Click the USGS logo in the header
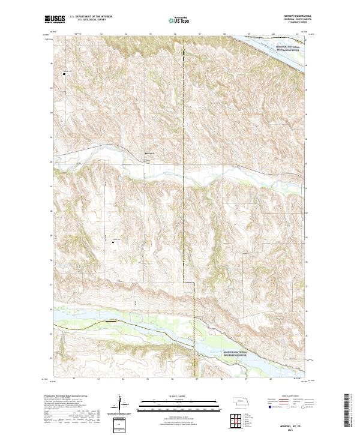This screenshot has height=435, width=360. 55,19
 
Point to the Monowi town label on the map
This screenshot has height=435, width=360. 150,154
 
